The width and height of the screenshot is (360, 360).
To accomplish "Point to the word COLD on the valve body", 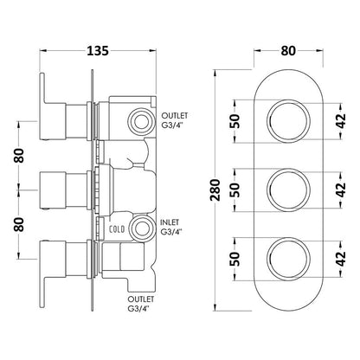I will point(115,228).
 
